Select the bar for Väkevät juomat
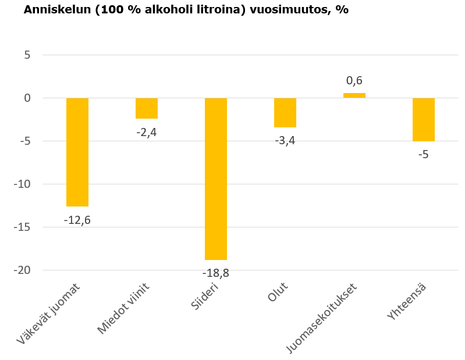(x=77, y=152)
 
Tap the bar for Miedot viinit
(x=147, y=108)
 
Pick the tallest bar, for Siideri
(x=216, y=179)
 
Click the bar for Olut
(x=285, y=112)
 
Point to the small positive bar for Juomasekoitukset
(x=354, y=95)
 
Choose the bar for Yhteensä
(x=424, y=119)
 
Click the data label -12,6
(x=77, y=220)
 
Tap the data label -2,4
(x=147, y=132)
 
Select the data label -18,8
(x=216, y=273)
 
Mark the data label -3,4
(x=285, y=141)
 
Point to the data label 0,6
(x=354, y=81)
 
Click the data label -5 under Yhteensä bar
(x=423, y=155)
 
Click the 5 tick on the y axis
(x=27, y=55)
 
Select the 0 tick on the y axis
(x=27, y=98)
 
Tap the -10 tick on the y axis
(x=23, y=184)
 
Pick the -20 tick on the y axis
(x=23, y=270)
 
